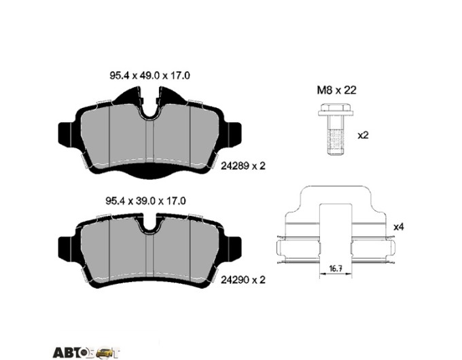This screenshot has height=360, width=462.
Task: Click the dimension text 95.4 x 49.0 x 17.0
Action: click(x=149, y=75)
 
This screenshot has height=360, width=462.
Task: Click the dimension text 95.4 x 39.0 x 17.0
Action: click(x=145, y=201)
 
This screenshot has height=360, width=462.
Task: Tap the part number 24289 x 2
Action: click(x=243, y=166)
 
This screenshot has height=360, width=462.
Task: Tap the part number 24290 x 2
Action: click(x=243, y=280)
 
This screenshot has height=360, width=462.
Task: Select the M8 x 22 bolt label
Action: click(x=336, y=90)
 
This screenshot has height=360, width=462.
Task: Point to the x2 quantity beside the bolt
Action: click(x=363, y=135)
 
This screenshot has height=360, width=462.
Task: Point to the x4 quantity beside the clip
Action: click(x=399, y=227)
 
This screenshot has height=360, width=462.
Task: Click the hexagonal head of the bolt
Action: click(x=336, y=109)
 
